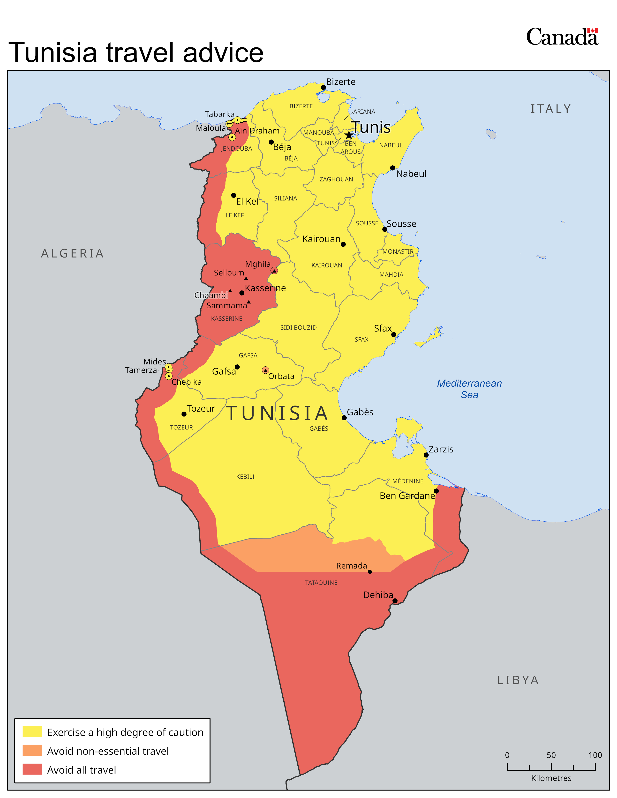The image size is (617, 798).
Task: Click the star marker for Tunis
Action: pos(349,135)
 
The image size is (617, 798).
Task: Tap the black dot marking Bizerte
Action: pos(323,87)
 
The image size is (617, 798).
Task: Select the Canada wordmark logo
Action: pos(562,37)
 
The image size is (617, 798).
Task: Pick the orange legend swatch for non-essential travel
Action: pos(32,751)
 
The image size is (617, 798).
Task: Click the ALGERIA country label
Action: pos(72,253)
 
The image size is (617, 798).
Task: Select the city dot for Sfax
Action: pos(394,334)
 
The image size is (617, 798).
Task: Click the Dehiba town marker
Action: pos(395,601)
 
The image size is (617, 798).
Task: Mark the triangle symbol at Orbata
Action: pos(266,370)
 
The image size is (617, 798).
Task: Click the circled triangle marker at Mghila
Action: pos(274,270)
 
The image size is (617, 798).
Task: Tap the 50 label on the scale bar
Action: pos(551,755)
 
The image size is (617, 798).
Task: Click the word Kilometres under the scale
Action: pos(551,778)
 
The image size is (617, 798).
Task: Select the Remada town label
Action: pos(351,566)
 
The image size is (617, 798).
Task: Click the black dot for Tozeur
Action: pos(184,414)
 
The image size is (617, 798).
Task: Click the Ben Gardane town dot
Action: pos(436,491)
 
